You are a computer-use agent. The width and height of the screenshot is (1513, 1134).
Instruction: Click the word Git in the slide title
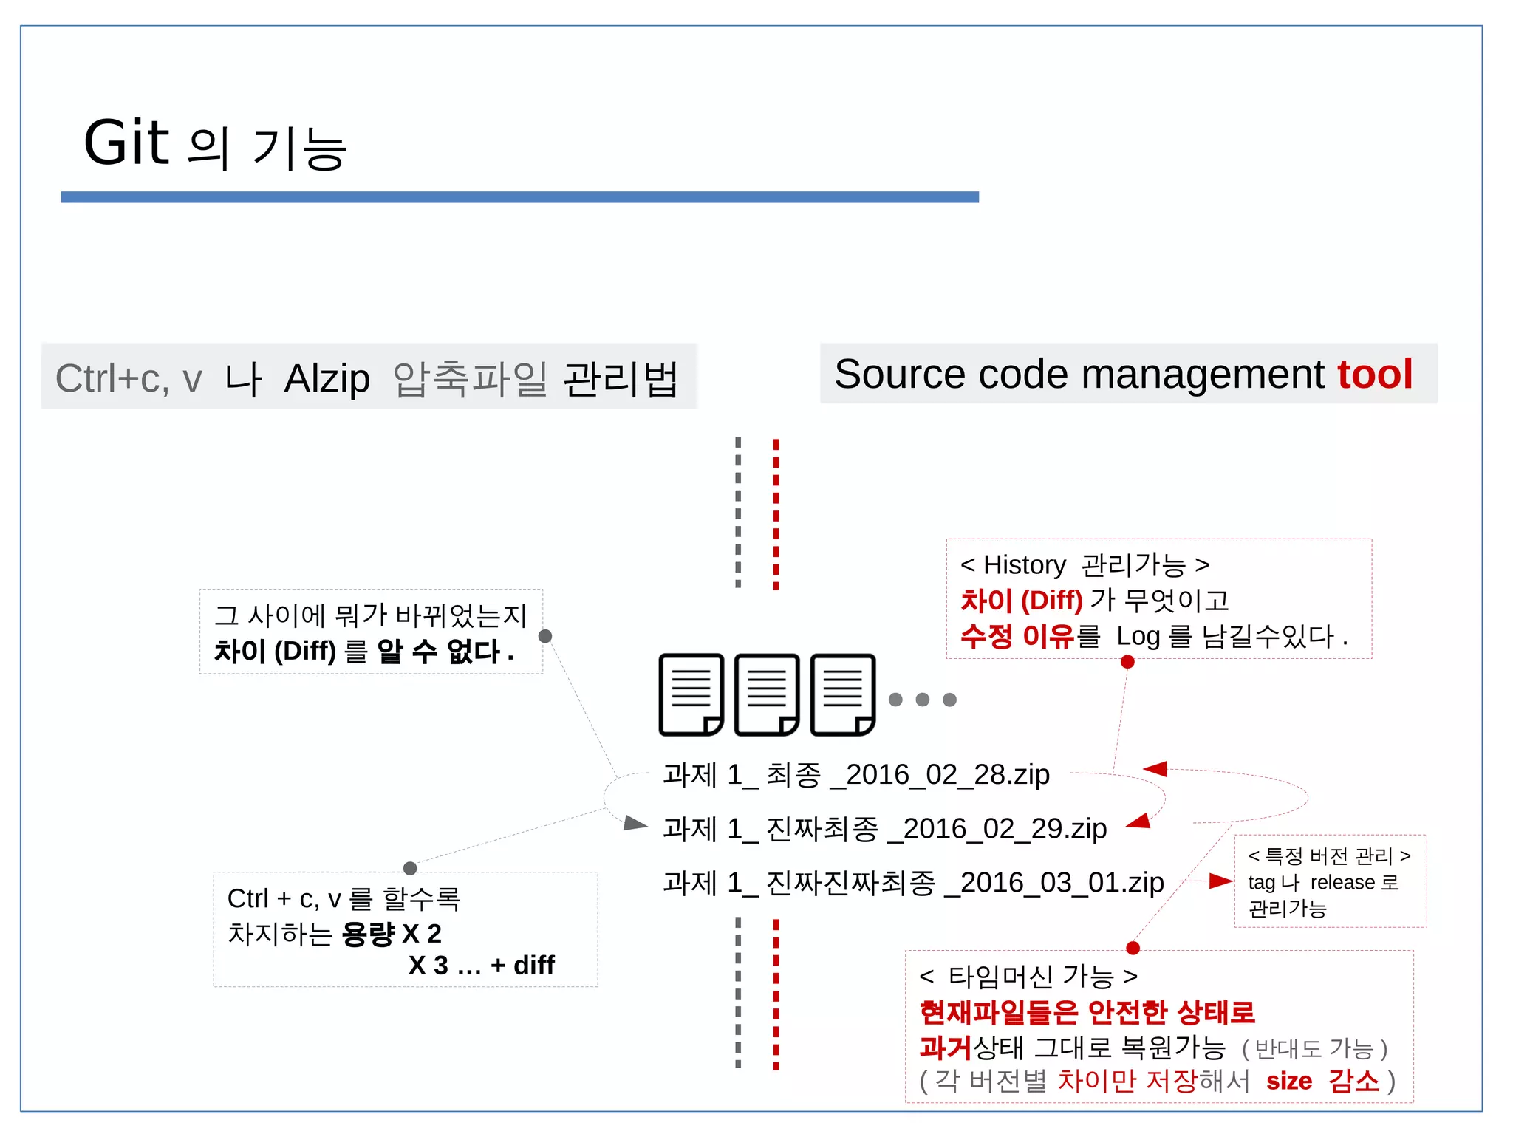click(126, 143)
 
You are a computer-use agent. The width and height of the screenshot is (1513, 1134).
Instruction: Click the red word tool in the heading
click(1374, 374)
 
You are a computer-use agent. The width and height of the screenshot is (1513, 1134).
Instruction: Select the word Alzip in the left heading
click(327, 379)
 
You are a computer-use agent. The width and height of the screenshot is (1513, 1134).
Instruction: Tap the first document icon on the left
click(691, 694)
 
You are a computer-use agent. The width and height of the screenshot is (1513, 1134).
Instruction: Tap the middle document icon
click(767, 694)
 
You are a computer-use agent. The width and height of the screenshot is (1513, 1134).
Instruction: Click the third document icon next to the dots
click(843, 694)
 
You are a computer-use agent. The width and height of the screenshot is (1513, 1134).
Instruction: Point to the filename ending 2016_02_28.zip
click(856, 775)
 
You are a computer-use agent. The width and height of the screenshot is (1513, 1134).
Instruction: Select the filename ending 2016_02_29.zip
click(884, 829)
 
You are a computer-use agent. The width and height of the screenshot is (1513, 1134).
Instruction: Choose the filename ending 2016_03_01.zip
click(913, 883)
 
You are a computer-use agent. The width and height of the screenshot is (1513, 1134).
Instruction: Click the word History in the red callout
click(1024, 565)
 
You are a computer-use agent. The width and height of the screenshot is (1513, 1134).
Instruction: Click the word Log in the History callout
click(1138, 636)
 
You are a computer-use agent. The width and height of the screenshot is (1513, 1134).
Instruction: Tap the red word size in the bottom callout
click(1289, 1082)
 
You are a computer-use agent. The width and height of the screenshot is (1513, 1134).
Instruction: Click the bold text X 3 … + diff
click(481, 966)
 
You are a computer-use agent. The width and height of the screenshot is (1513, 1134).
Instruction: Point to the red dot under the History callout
click(1127, 662)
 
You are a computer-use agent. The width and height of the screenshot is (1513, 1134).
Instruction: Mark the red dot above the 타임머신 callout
click(1133, 948)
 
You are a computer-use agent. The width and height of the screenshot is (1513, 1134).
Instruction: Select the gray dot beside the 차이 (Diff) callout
click(545, 636)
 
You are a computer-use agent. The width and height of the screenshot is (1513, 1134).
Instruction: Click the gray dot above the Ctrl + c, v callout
click(410, 868)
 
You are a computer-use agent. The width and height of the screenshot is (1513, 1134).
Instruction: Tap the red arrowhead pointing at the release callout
click(1220, 881)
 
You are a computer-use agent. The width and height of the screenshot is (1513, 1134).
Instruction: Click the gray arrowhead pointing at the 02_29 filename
click(635, 823)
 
